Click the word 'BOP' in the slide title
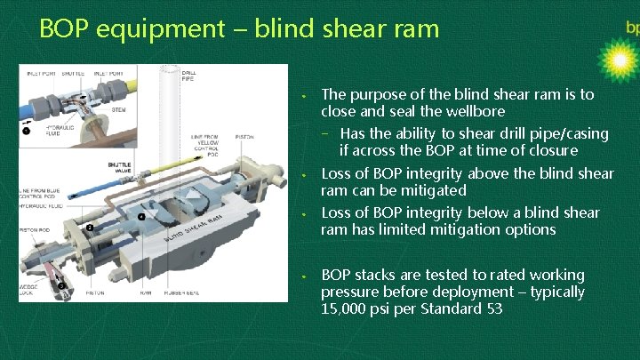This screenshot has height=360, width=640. click(66, 28)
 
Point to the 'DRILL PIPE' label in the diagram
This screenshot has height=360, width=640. click(189, 76)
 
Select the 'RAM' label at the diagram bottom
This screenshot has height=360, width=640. click(147, 292)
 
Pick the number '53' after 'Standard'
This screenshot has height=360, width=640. click(494, 309)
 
